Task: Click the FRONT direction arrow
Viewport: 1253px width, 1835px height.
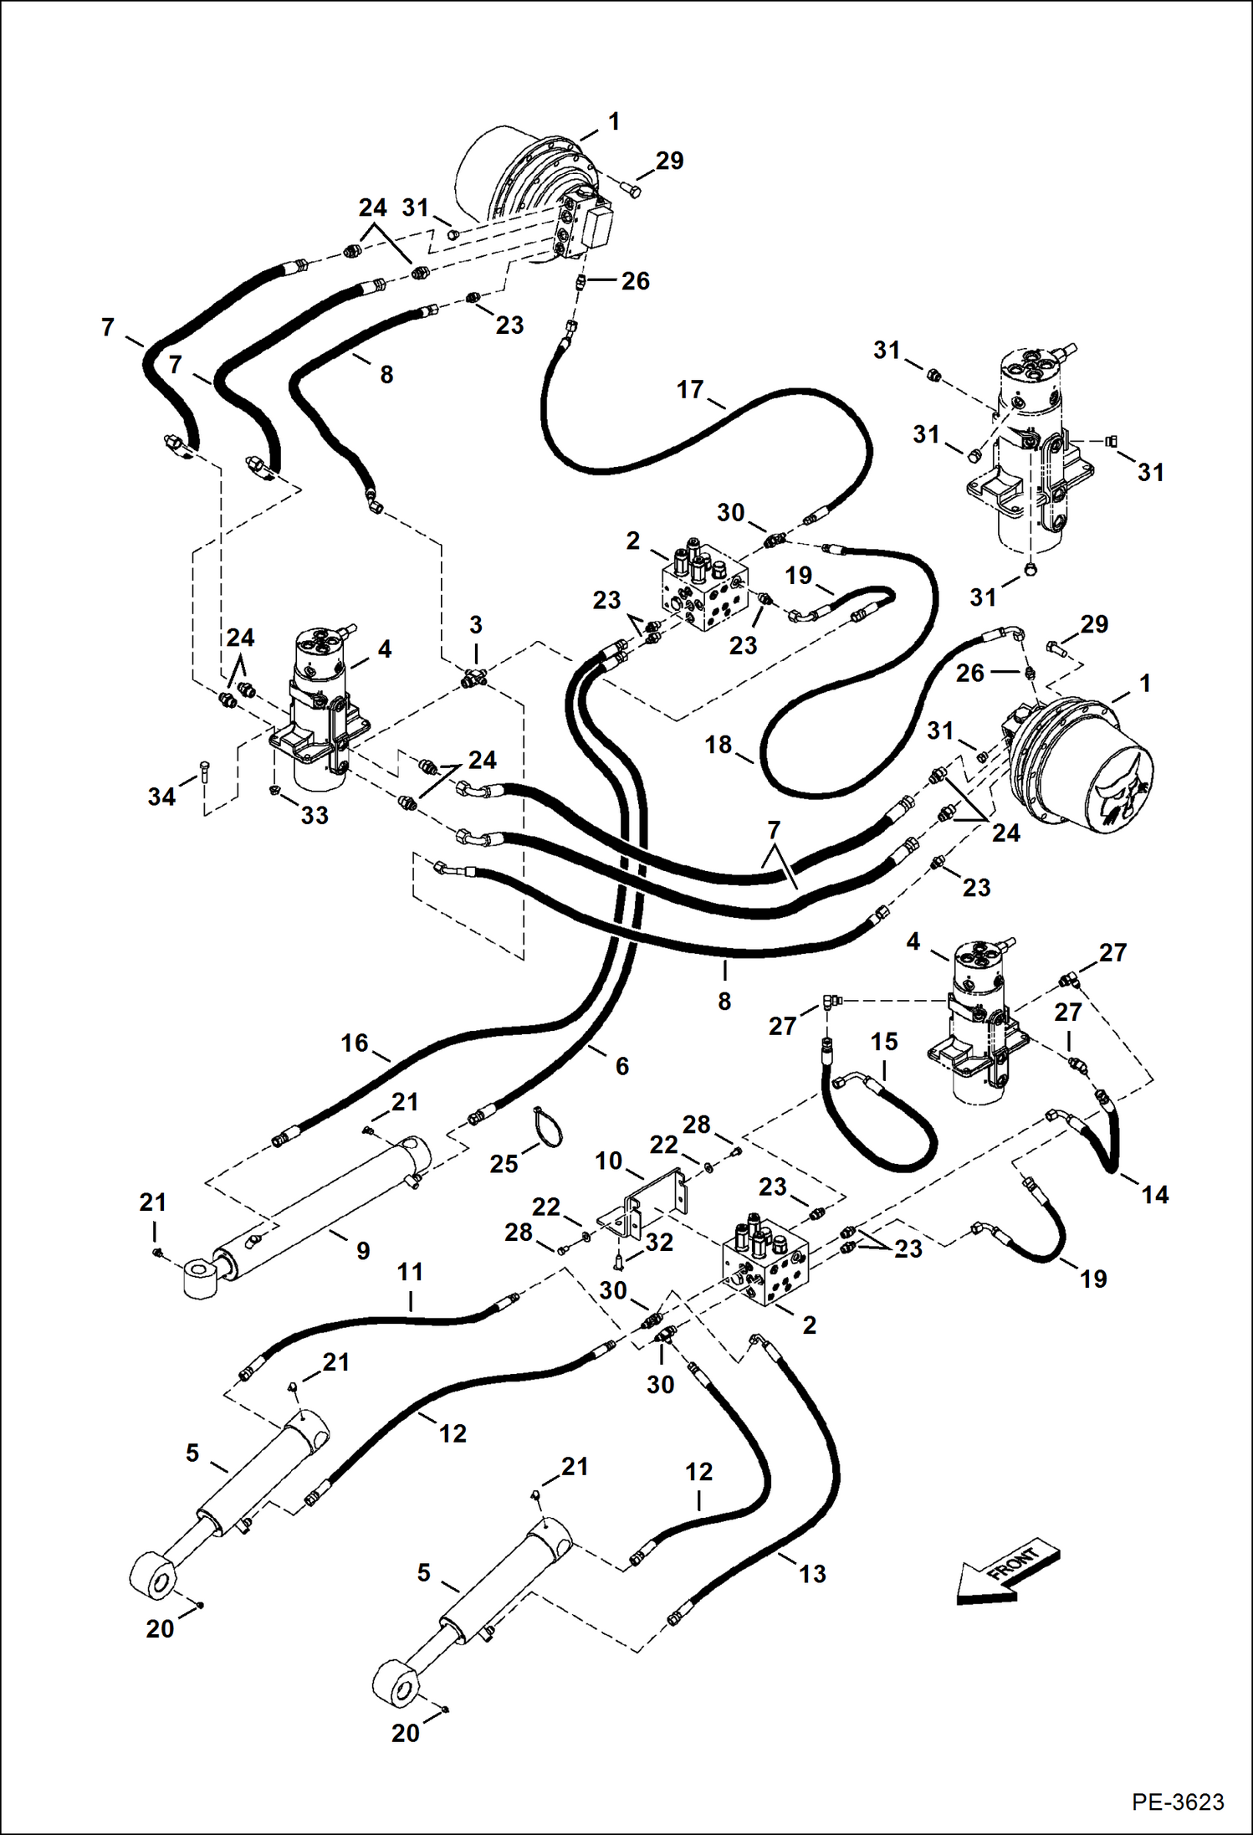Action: coord(1007,1571)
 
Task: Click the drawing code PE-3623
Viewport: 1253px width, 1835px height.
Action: coord(1178,1802)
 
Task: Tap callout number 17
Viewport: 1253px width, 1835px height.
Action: coord(690,390)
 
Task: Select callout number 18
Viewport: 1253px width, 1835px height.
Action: coord(718,744)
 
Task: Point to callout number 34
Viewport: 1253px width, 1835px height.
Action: coord(161,796)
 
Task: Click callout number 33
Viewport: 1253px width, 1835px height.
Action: coord(315,814)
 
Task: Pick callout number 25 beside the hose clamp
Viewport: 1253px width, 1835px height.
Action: coord(504,1164)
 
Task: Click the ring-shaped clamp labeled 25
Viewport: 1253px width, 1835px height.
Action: coord(548,1126)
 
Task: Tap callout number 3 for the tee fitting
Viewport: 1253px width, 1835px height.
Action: coord(476,625)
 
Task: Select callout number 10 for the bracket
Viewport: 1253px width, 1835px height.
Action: coord(609,1161)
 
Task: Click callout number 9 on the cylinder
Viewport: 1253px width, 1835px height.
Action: coord(363,1251)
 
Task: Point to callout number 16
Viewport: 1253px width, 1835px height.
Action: coord(355,1043)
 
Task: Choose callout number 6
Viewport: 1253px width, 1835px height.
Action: coord(621,1066)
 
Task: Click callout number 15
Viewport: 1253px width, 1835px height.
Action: coord(884,1042)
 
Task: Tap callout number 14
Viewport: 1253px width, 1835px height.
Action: coord(1155,1195)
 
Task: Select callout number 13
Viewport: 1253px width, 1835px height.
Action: coord(812,1574)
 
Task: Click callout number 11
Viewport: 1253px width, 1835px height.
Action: coord(410,1272)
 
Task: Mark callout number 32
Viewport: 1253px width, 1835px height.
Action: coord(659,1243)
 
